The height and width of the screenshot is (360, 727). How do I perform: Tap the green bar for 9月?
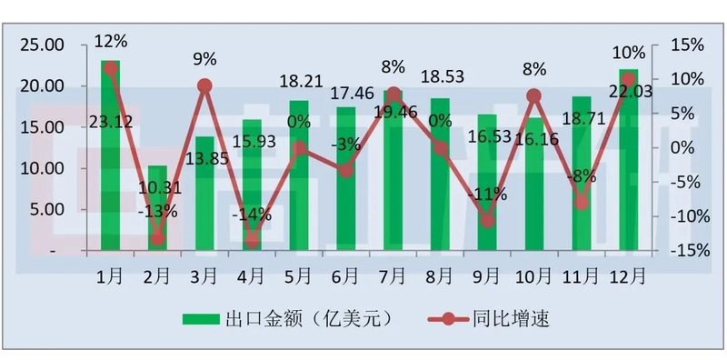487,182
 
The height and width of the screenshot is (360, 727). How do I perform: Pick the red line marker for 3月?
204,86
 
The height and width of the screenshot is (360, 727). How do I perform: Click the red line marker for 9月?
487,220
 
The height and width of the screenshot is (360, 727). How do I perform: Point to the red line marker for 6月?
345,169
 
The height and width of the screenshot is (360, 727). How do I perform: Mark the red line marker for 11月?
582,202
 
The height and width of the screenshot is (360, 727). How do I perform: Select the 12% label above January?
111,40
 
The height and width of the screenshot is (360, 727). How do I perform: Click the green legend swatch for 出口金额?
202,318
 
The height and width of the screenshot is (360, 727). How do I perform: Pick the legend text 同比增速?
511,318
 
